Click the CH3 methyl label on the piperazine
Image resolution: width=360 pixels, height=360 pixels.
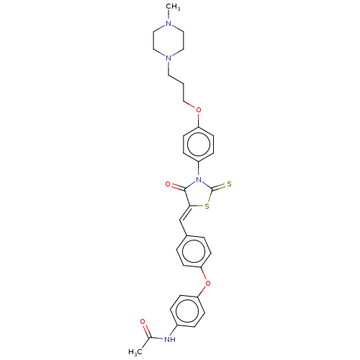point(174,7)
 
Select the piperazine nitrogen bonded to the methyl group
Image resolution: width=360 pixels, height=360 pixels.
point(168,24)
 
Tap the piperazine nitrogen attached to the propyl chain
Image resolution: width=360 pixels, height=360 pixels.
point(168,58)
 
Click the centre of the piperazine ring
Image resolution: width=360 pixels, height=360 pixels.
point(168,41)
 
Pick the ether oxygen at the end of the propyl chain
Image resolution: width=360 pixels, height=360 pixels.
point(199,110)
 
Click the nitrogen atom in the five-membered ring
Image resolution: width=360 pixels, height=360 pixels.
point(198,179)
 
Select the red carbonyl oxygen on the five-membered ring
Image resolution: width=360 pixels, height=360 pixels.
point(168,184)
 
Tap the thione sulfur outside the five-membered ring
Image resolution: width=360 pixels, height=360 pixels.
point(229,184)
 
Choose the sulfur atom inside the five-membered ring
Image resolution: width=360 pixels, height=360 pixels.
point(207,207)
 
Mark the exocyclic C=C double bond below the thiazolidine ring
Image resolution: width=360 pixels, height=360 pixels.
point(185,213)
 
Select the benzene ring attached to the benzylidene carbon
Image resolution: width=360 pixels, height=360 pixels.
point(194,251)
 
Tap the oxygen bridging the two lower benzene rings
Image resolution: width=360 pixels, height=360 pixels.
point(208,284)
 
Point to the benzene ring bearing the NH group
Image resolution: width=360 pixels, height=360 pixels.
point(187,311)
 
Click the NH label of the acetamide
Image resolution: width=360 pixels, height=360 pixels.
point(170,339)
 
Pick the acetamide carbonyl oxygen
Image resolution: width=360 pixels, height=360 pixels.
point(143,322)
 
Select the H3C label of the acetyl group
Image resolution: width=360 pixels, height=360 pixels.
point(135,352)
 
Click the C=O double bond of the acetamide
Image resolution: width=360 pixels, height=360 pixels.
point(146,330)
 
